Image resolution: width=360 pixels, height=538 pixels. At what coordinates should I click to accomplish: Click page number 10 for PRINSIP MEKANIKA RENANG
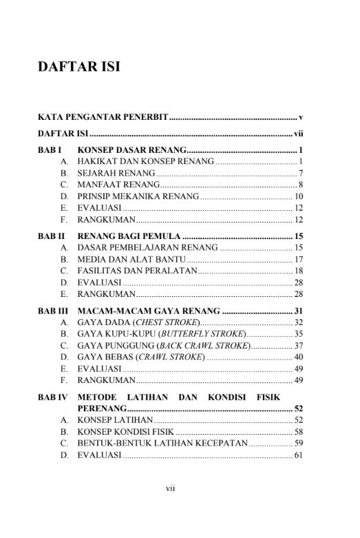tap(299, 196)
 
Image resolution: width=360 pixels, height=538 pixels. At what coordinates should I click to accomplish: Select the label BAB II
tap(52, 236)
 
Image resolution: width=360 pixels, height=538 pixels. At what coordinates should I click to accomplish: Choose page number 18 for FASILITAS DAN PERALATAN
tap(299, 271)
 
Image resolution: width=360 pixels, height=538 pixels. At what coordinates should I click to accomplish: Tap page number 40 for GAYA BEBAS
tap(299, 357)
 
